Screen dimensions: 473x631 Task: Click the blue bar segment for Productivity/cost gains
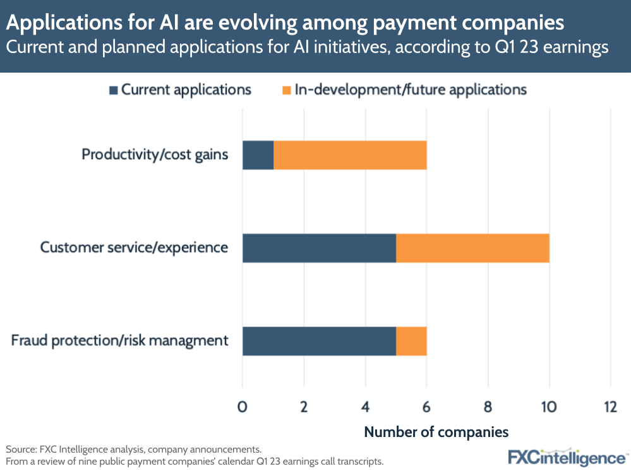click(258, 155)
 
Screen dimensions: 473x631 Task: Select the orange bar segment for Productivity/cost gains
click(350, 155)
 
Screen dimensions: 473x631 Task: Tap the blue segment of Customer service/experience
click(319, 248)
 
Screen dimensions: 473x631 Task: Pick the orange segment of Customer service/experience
click(472, 248)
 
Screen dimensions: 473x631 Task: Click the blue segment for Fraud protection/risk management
click(319, 340)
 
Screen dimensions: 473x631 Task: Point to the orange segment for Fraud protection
click(411, 340)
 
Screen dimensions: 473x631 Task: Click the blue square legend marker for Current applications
click(114, 90)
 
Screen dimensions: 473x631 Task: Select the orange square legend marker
click(287, 90)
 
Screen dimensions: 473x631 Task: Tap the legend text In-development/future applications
click(411, 90)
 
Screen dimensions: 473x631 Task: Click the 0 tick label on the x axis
click(243, 407)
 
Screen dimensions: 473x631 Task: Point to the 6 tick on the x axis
click(427, 407)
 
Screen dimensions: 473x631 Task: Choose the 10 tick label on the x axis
click(549, 407)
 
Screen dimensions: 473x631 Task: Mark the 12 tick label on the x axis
click(610, 407)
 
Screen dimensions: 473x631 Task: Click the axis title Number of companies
click(436, 433)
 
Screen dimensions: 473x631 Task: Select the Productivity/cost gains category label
click(155, 155)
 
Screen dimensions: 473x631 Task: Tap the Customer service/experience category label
click(134, 248)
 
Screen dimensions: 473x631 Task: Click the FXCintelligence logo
click(567, 457)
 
